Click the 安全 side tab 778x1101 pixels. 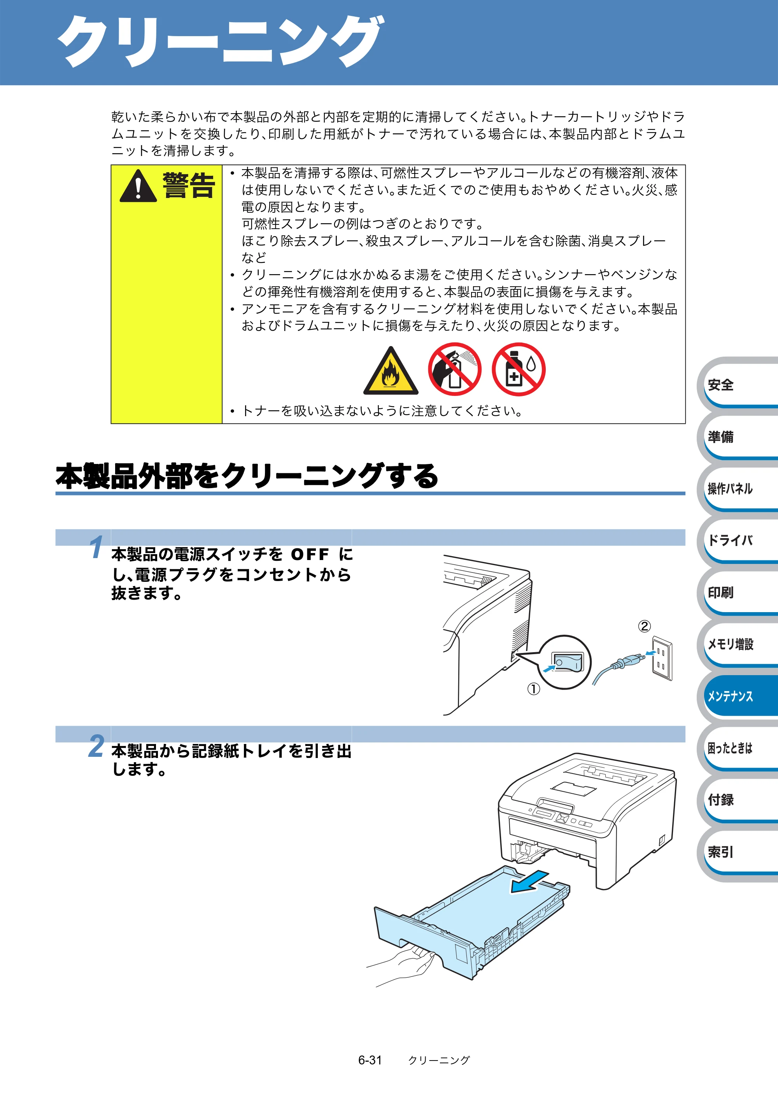pyautogui.click(x=738, y=385)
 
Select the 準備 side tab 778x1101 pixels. pyautogui.click(x=738, y=437)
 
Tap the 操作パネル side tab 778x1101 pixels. pyautogui.click(x=738, y=488)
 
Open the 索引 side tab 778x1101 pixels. pyautogui.click(x=738, y=852)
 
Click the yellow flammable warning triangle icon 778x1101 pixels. pyautogui.click(x=391, y=372)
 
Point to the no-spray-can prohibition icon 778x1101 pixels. pyautogui.click(x=454, y=369)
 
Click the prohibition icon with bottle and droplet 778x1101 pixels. pyautogui.click(x=519, y=369)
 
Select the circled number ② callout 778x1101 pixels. pyautogui.click(x=644, y=626)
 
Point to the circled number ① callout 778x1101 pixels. pyautogui.click(x=534, y=689)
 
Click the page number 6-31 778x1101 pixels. pyautogui.click(x=370, y=1060)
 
